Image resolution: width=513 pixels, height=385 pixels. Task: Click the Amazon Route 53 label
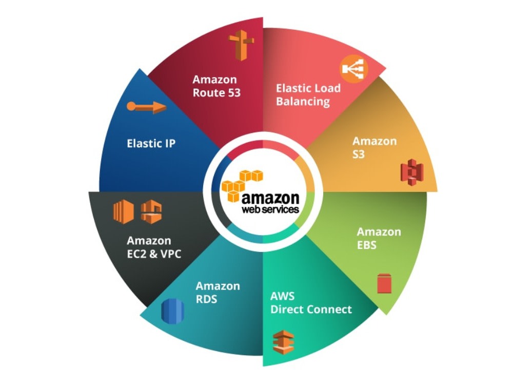coord(216,86)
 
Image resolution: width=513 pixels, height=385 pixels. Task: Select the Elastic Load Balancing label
coord(308,95)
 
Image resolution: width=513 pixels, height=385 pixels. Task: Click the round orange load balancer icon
coord(353,69)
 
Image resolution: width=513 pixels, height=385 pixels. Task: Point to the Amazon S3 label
coord(374,148)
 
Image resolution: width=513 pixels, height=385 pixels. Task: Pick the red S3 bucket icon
coord(412,172)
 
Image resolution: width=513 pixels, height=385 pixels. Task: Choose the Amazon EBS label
coord(379,238)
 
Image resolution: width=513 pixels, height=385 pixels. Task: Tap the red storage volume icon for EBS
coord(384,283)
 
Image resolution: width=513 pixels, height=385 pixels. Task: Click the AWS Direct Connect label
coord(311,303)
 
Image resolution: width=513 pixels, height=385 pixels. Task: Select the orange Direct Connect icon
coord(284,342)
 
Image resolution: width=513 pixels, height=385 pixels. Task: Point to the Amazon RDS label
coord(218,293)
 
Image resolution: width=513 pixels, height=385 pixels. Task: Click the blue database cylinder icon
coord(173,311)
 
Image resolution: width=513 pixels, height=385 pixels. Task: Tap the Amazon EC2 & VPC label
coord(154,247)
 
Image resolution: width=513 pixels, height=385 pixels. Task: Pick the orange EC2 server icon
coord(123,211)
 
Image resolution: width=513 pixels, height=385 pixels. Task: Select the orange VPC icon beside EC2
coord(151,212)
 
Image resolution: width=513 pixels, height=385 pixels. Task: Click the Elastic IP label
coord(151,143)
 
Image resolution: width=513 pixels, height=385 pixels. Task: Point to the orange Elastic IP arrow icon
coord(147,107)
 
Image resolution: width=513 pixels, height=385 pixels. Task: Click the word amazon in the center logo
coord(270,198)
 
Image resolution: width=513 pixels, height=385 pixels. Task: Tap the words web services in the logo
coord(270,209)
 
